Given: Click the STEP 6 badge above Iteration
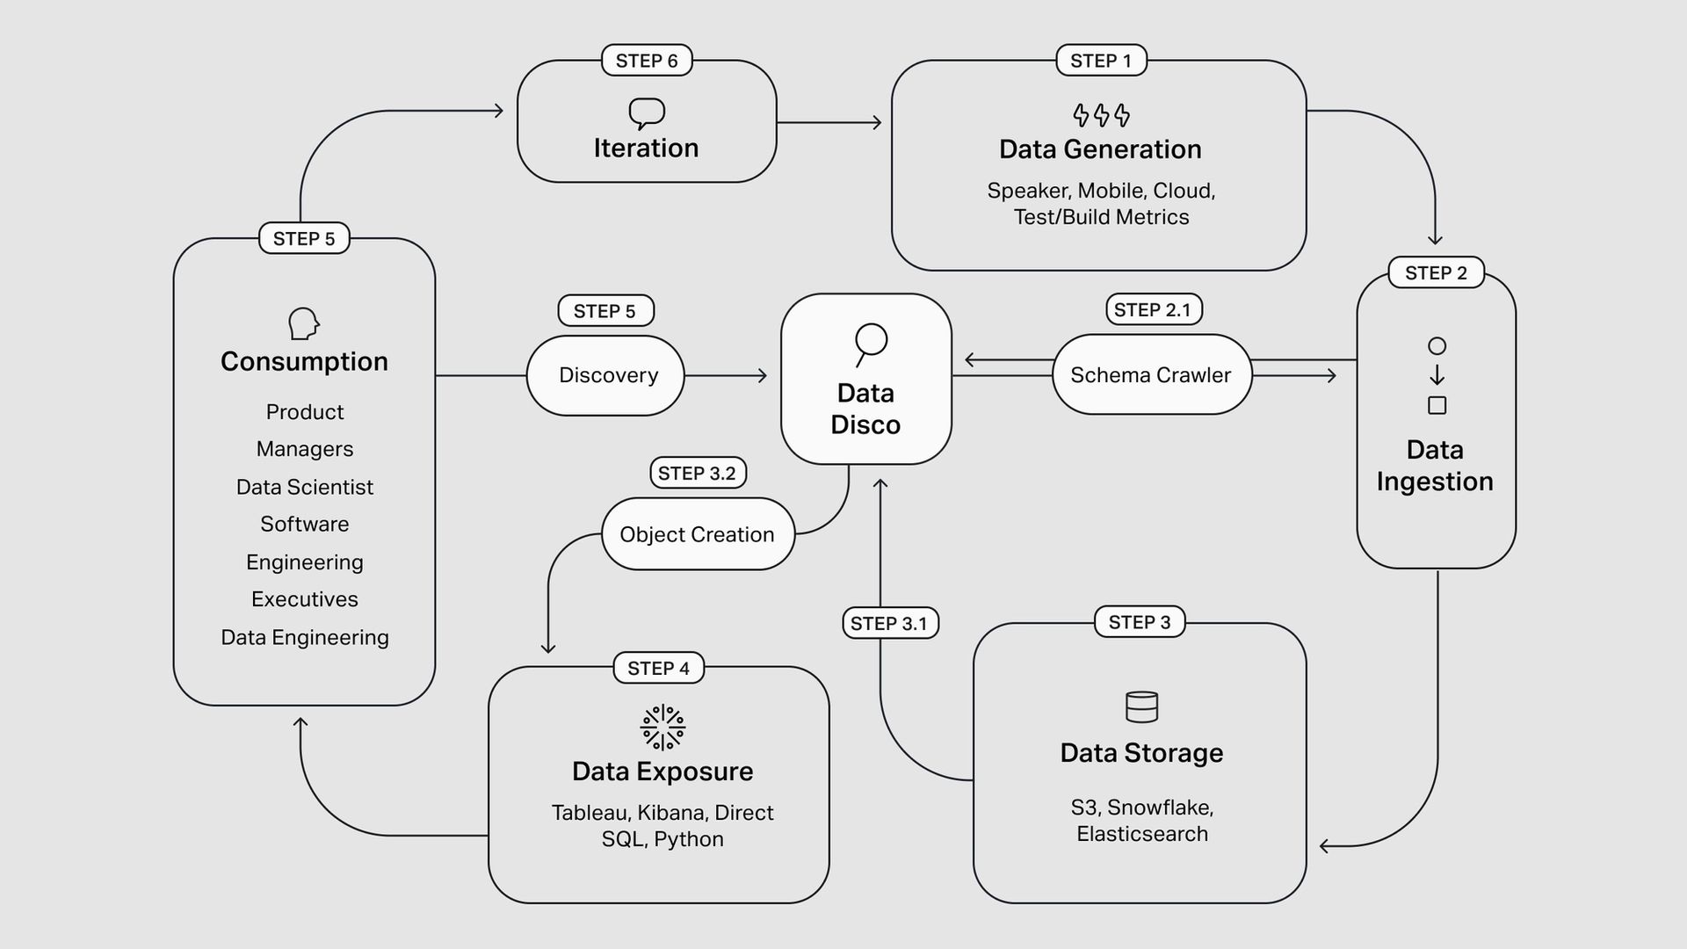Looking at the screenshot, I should click(647, 61).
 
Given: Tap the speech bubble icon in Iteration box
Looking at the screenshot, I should click(647, 113).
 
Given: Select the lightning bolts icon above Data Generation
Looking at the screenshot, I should click(1101, 115).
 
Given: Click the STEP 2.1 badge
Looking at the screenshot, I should click(1153, 309).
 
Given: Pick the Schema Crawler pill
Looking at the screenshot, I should click(1151, 375).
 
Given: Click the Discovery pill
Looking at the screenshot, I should click(606, 375).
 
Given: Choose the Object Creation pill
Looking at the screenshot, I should click(698, 534).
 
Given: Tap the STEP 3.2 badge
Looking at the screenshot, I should click(698, 473).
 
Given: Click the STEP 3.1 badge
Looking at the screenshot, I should click(889, 623).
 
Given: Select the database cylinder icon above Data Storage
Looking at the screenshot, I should click(1141, 706).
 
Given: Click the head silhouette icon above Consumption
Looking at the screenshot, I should click(303, 323).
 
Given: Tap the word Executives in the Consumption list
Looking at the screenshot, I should click(305, 599).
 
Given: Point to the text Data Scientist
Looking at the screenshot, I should click(305, 487).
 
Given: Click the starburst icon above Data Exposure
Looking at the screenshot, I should click(662, 728).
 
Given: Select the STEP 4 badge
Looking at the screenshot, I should click(658, 668).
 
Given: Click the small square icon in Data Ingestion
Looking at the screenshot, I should click(1437, 405).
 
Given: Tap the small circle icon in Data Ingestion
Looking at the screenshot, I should click(1437, 346).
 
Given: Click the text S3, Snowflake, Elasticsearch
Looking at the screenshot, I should click(1141, 821).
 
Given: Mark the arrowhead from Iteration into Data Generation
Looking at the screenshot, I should click(876, 123).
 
